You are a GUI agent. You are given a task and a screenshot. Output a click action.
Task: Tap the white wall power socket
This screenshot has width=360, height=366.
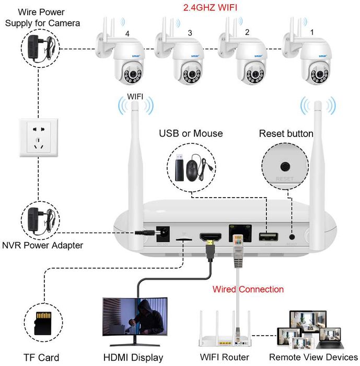(38, 137)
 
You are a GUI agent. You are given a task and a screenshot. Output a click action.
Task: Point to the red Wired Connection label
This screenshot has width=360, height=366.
(248, 289)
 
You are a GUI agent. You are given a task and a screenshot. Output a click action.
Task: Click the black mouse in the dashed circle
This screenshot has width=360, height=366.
(198, 169)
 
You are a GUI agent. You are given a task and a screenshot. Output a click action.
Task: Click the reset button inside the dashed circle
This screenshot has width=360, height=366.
(285, 167)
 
